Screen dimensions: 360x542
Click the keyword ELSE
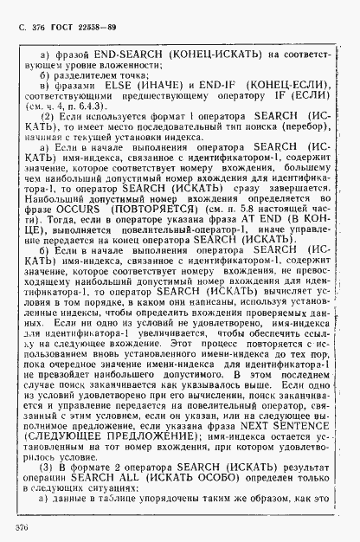tap(116, 85)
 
